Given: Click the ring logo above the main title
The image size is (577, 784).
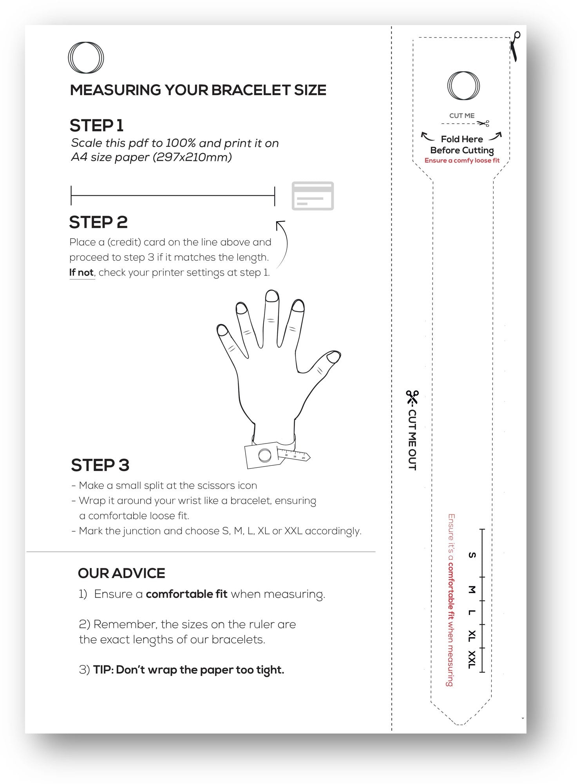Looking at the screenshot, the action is point(69,57).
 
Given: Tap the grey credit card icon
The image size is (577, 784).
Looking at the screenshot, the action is point(313,196).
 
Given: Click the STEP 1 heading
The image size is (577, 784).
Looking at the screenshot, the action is point(97,126).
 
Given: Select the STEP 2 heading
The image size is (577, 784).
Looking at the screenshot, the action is point(98,222).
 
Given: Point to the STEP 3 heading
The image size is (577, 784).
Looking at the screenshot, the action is point(100,465).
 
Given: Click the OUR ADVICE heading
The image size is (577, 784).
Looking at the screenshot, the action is point(121,573).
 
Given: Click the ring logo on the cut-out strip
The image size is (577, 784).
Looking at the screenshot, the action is point(449,86).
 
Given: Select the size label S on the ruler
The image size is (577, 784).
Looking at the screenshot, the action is point(472,555).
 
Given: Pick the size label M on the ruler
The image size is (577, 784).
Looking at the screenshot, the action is point(472,589).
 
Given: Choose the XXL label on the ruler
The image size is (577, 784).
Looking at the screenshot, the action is point(472,660).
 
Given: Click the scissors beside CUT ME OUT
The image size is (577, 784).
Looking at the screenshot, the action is point(412,397).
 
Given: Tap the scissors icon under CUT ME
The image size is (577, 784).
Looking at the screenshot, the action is point(483,124).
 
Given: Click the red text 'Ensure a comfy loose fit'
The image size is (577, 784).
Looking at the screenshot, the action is point(462,160).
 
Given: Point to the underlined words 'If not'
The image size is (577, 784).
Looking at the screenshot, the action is point(81,273).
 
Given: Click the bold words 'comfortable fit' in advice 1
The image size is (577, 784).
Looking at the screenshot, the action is point(186,594).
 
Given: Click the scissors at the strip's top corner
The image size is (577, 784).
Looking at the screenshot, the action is point(515,46).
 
